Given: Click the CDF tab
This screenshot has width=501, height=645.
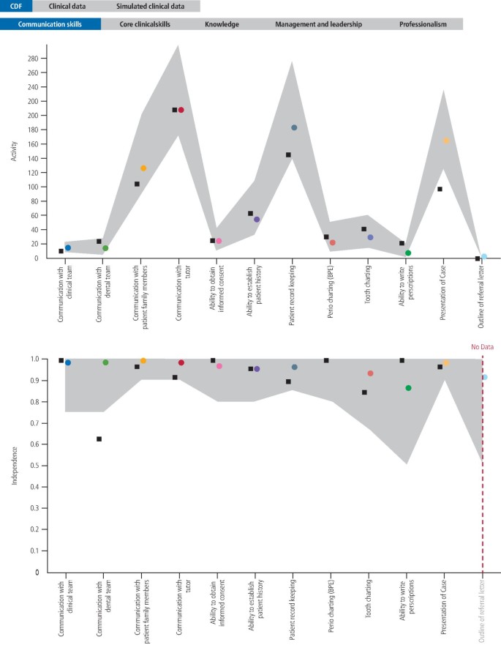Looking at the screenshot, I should pos(15,7).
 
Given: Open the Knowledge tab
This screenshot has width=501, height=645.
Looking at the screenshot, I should pos(222,24).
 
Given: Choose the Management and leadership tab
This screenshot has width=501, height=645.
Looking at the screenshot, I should pos(318,24).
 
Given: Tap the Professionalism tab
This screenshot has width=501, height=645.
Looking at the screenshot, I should pos(422,24).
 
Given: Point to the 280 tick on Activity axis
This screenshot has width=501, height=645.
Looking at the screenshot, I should pos(32,59).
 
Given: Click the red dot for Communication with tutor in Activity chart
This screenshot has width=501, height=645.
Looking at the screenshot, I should pos(181,110).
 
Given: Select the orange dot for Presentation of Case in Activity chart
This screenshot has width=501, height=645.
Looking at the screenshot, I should pos(445,141).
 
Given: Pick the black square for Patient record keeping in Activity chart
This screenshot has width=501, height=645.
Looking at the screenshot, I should pos(288,154).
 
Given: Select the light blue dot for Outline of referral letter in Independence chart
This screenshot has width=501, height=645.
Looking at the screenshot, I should pos(484,377).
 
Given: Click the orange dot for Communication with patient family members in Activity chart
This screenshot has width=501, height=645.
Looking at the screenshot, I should pos(143,168).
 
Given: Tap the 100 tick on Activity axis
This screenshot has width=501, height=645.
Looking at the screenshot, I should pos(32,187).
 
